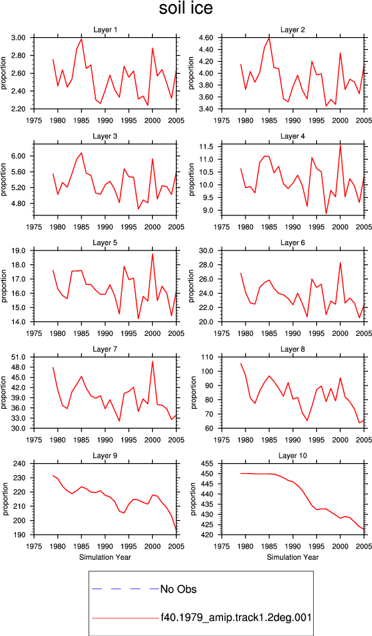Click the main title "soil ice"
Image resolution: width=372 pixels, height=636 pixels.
tap(185, 9)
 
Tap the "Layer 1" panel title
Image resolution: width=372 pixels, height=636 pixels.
tap(105, 30)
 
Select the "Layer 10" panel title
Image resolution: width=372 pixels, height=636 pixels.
tap(293, 456)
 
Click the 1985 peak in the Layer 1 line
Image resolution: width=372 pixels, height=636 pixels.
tap(81, 39)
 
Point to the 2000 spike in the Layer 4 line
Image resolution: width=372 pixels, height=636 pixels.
tap(340, 146)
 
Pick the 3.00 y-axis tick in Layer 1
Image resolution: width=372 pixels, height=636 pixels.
tap(19, 38)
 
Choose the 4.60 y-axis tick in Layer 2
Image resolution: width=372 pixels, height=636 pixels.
tap(207, 38)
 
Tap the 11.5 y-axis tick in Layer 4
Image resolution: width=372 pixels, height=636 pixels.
tap(208, 146)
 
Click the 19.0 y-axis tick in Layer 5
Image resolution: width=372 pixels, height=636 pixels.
tap(21, 250)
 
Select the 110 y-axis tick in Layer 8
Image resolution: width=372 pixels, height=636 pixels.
tap(209, 357)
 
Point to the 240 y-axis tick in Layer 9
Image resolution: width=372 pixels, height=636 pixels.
tap(21, 464)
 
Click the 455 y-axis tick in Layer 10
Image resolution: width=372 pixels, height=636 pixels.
tap(209, 464)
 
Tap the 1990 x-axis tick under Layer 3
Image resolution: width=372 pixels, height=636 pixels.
tap(105, 227)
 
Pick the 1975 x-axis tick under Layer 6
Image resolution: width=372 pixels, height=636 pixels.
tap(222, 333)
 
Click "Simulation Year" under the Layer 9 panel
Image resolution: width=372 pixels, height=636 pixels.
tap(105, 557)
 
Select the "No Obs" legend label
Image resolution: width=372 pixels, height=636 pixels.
tap(178, 589)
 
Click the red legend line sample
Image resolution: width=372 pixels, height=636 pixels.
tap(126, 618)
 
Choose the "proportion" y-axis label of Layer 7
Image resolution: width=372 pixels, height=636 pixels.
tap(4, 393)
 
